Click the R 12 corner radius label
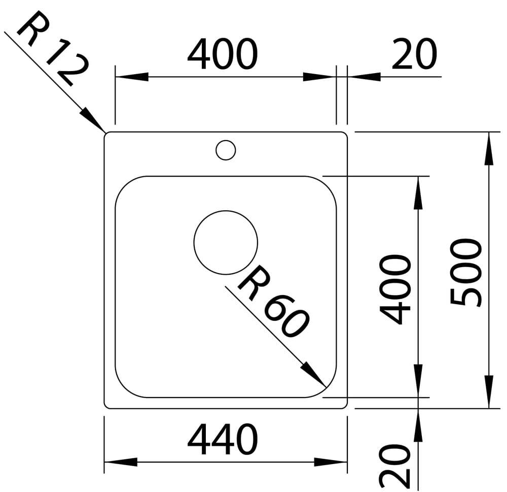[x=53, y=49]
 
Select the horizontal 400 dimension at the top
[x=223, y=54]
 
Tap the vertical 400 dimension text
[x=395, y=289]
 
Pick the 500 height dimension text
[x=465, y=272]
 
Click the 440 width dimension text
[x=223, y=439]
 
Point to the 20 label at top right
[x=414, y=54]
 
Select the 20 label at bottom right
[x=395, y=466]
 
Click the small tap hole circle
[x=226, y=140]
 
